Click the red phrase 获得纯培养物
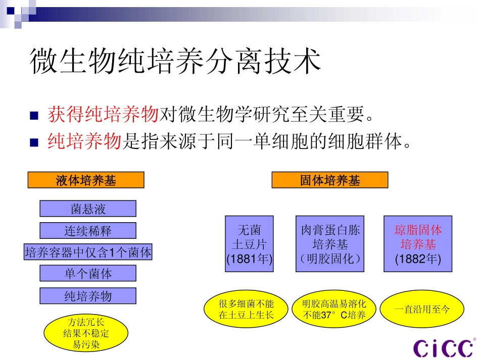click(104, 115)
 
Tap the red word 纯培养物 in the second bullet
click(85, 141)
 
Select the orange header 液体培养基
click(86, 180)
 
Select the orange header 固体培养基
click(330, 180)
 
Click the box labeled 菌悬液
click(88, 209)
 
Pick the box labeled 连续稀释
click(88, 231)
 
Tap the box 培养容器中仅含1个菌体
click(88, 252)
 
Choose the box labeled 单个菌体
click(88, 274)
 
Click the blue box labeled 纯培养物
click(88, 296)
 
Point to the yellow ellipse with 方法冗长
click(86, 333)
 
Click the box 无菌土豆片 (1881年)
click(249, 244)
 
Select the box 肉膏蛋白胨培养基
click(330, 244)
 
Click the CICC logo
click(443, 347)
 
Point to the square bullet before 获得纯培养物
click(34, 116)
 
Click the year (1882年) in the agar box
click(418, 260)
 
